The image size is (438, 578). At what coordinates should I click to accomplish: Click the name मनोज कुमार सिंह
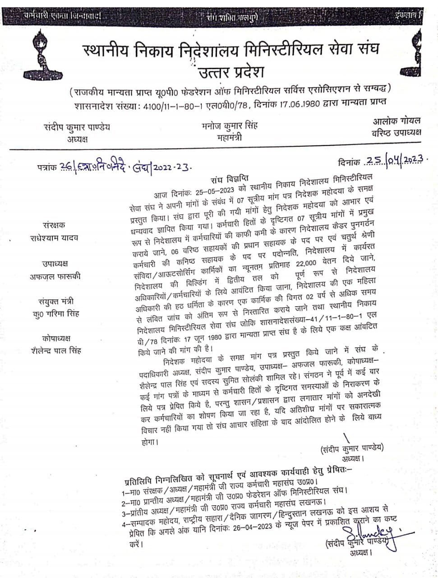tap(230, 126)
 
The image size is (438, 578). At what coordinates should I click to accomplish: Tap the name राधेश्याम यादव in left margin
tap(54, 238)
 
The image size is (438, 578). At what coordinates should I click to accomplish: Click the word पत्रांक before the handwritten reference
tap(47, 167)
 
